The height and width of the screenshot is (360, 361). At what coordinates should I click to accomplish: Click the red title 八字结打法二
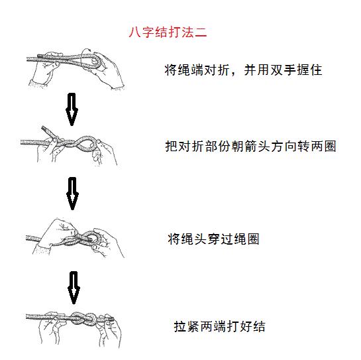(169, 32)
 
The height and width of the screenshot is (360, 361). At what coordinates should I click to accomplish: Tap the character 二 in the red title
(201, 32)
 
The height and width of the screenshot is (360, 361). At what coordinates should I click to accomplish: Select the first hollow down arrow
(72, 109)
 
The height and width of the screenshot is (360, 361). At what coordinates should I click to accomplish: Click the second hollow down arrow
(72, 192)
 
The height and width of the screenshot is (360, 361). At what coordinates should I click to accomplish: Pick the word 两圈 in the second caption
(323, 146)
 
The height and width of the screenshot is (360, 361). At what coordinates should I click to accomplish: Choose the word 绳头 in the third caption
(194, 239)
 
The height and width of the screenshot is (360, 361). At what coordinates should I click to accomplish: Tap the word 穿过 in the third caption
(220, 239)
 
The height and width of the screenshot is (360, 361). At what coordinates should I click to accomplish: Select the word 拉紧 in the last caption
(187, 326)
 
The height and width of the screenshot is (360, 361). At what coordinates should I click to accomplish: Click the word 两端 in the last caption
(213, 326)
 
